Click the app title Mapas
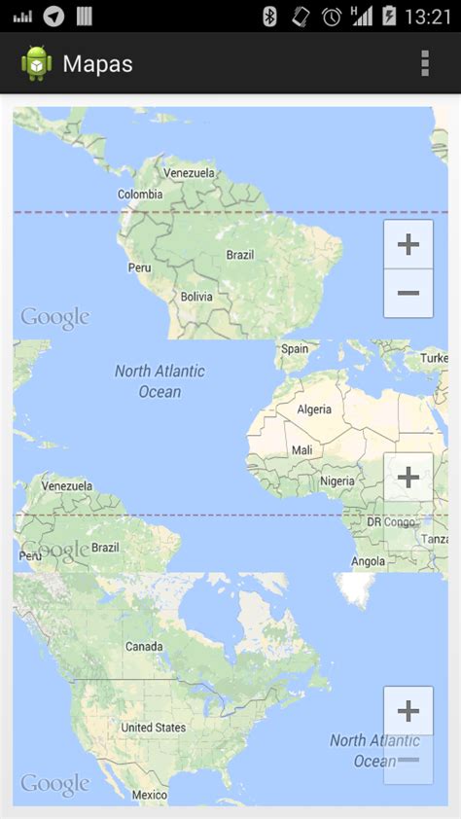pyautogui.click(x=97, y=64)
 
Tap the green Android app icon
pyautogui.click(x=37, y=63)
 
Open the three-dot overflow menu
pyautogui.click(x=425, y=63)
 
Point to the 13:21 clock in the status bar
pyautogui.click(x=427, y=16)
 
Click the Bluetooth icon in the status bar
pyautogui.click(x=269, y=16)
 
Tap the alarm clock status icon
pyautogui.click(x=332, y=16)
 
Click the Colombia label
pyautogui.click(x=140, y=195)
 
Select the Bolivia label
pyautogui.click(x=196, y=297)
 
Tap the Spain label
pyautogui.click(x=294, y=349)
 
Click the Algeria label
pyautogui.click(x=313, y=409)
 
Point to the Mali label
pyautogui.click(x=302, y=450)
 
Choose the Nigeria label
pyautogui.click(x=337, y=481)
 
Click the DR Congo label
pyautogui.click(x=391, y=522)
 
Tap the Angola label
pyautogui.click(x=368, y=561)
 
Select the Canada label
pyautogui.click(x=144, y=647)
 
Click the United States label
pyautogui.click(x=153, y=728)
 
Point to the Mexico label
pyautogui.click(x=150, y=795)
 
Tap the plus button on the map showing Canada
pyautogui.click(x=408, y=711)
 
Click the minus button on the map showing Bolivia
pyautogui.click(x=408, y=293)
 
